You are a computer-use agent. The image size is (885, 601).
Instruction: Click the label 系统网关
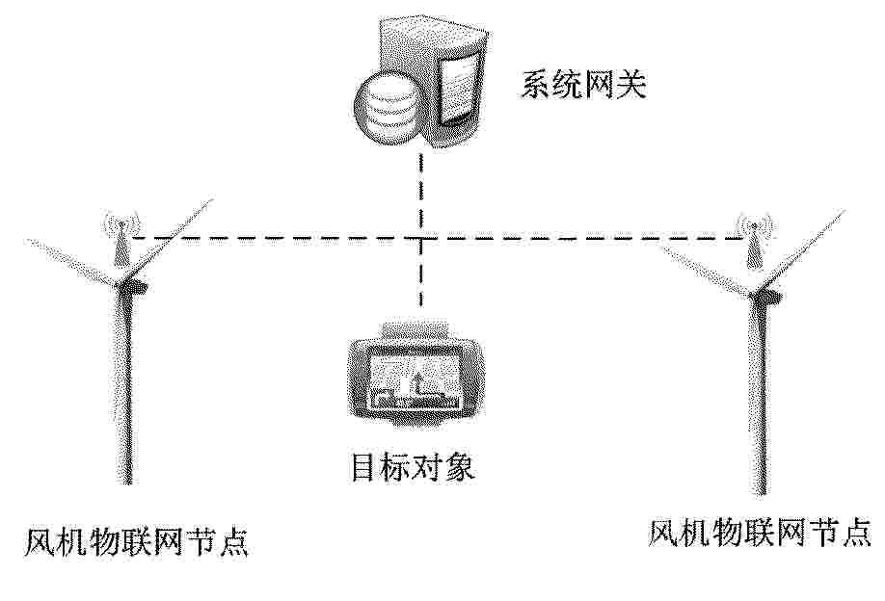[583, 85]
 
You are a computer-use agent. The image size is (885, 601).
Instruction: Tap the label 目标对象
[412, 467]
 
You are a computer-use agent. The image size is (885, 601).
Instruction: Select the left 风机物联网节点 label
[137, 542]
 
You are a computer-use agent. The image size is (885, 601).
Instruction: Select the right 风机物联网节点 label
[759, 534]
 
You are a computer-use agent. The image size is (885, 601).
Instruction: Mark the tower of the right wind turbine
[759, 395]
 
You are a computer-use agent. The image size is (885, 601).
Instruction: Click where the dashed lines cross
[420, 239]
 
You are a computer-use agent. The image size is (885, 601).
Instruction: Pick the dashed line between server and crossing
[420, 194]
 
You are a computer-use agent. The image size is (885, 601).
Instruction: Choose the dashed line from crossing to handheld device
[420, 274]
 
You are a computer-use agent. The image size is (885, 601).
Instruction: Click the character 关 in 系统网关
[631, 85]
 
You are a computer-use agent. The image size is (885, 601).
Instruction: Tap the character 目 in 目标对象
[364, 467]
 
